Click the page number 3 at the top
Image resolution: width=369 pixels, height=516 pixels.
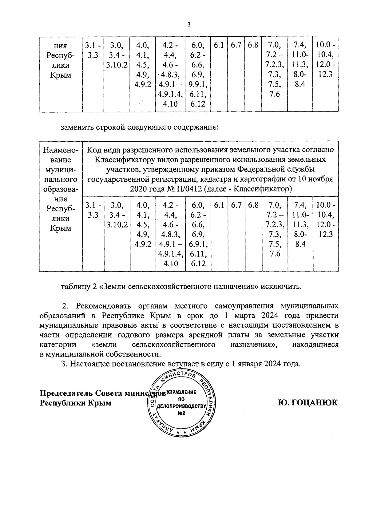(189, 25)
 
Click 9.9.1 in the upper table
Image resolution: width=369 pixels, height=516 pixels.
(198, 84)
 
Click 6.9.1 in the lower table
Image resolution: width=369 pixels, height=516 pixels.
(198, 244)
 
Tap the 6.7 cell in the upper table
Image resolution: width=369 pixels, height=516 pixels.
(236, 45)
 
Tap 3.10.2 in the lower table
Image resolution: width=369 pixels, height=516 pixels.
(117, 225)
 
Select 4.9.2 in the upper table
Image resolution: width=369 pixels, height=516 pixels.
(143, 84)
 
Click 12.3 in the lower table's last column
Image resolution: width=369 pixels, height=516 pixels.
(326, 234)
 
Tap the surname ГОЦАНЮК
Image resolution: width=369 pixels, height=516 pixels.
(307, 402)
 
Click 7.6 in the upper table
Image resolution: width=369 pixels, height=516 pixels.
(274, 94)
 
